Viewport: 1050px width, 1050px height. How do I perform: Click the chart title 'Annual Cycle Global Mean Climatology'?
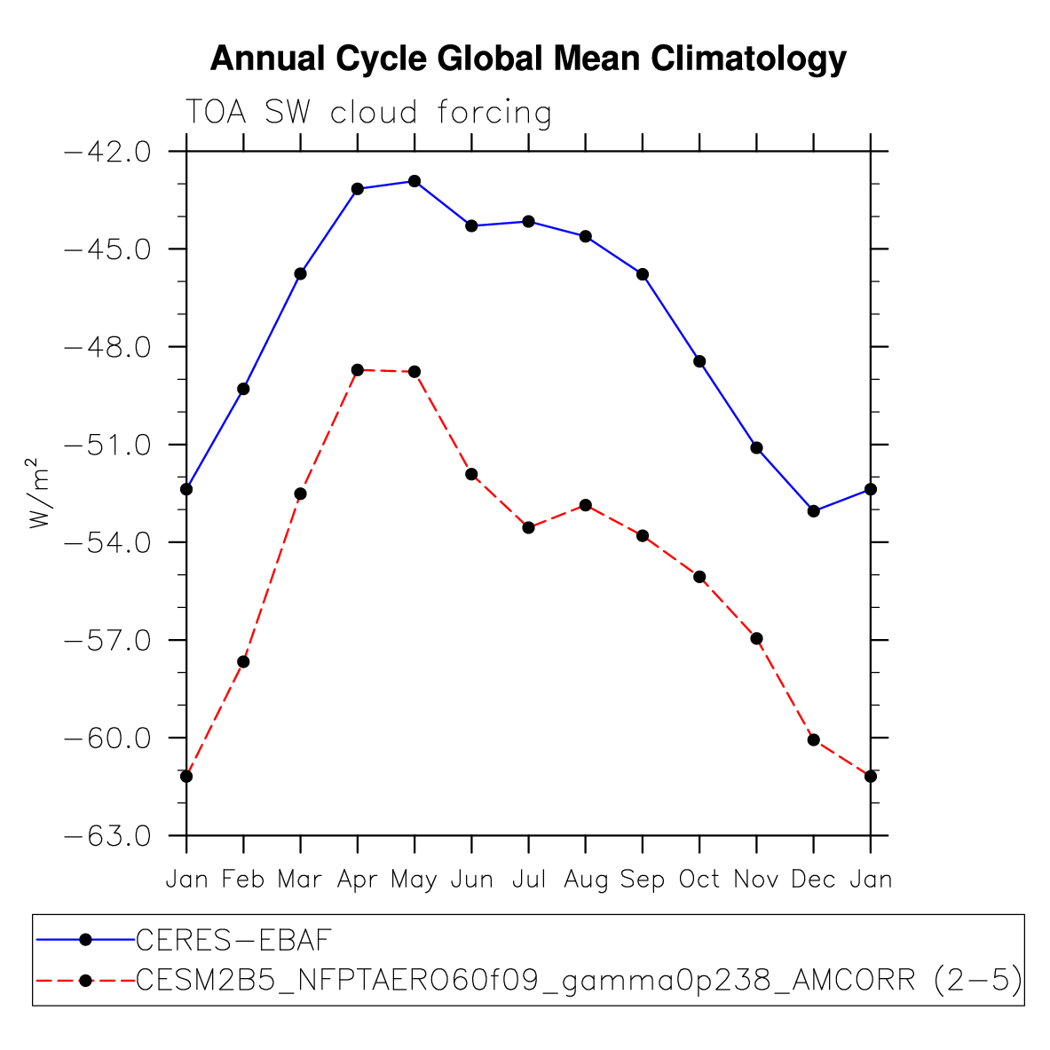[528, 59]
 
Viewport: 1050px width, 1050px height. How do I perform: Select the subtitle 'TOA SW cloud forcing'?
[368, 113]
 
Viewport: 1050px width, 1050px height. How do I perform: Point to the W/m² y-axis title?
[38, 493]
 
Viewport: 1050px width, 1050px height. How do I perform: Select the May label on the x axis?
[414, 880]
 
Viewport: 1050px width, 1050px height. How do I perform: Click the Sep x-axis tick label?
[643, 880]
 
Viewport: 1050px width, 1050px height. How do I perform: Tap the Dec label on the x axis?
[813, 880]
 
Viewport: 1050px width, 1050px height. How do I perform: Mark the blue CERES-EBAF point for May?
[414, 181]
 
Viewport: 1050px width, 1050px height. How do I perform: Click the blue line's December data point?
[814, 511]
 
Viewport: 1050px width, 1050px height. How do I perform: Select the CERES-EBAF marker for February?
[243, 389]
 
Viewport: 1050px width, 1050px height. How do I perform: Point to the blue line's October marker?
[699, 361]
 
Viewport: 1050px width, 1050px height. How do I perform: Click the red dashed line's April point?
[358, 369]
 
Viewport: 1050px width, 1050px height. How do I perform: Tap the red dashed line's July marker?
[528, 527]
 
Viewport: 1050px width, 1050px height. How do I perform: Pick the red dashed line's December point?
[814, 739]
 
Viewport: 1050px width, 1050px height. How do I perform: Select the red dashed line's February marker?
[243, 662]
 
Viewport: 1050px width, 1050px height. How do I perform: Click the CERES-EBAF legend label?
[233, 939]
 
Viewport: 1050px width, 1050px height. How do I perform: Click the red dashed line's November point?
[757, 638]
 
